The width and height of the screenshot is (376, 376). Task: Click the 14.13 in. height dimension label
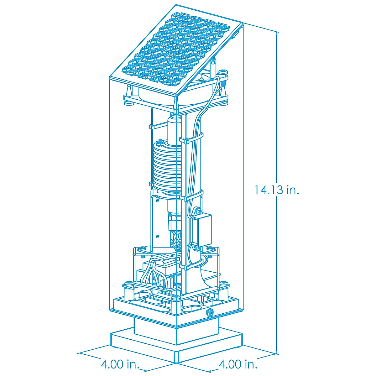277,190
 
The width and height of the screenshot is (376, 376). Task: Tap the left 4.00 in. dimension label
120,353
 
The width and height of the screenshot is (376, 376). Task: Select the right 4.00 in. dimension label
238,353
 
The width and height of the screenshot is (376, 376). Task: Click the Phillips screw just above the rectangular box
199,211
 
